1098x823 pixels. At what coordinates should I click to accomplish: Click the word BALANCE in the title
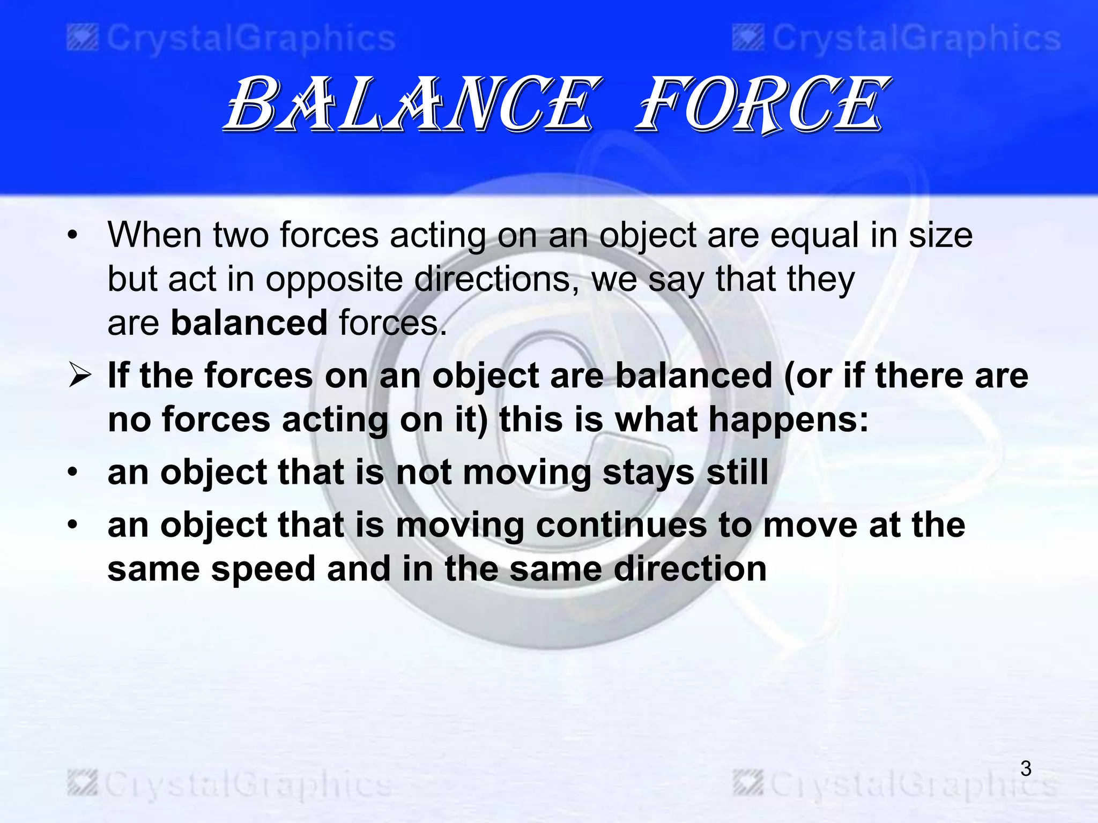pyautogui.click(x=410, y=104)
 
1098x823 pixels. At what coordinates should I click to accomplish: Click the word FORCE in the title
pyautogui.click(x=761, y=104)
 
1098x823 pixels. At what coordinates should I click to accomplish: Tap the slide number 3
pyautogui.click(x=1026, y=769)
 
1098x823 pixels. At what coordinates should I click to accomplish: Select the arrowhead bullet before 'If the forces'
pyautogui.click(x=79, y=376)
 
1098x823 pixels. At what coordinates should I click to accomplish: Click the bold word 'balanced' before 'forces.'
pyautogui.click(x=249, y=323)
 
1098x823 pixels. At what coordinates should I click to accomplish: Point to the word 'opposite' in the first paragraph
pyautogui.click(x=333, y=280)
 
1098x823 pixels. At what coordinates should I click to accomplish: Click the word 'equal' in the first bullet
pyautogui.click(x=814, y=236)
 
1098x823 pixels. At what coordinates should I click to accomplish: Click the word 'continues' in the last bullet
pyautogui.click(x=621, y=525)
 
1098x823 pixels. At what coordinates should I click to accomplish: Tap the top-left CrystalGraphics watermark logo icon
pyautogui.click(x=83, y=39)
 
